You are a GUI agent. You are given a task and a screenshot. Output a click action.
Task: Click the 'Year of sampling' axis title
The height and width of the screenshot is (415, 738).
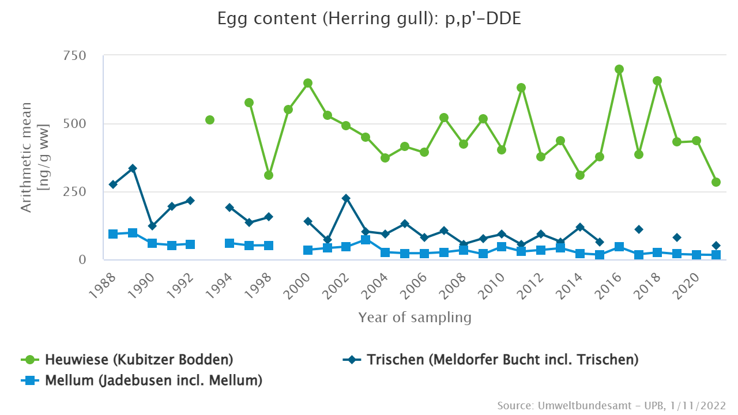click(415, 317)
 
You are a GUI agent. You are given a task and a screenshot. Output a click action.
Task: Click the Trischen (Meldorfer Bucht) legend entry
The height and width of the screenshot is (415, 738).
click(491, 360)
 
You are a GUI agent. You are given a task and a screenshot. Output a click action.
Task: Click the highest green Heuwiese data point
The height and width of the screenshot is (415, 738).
click(619, 69)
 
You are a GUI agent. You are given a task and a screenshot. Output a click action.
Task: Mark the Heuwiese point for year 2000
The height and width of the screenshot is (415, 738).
click(308, 83)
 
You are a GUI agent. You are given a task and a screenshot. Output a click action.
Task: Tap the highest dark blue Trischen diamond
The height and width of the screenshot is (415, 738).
click(133, 168)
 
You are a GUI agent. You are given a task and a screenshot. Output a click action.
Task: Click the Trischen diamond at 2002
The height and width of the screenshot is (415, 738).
click(346, 198)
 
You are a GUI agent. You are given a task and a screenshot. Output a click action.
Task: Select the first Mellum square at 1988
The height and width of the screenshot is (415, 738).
click(113, 234)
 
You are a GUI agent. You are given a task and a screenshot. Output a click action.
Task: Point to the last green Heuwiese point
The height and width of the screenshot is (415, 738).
click(716, 182)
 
